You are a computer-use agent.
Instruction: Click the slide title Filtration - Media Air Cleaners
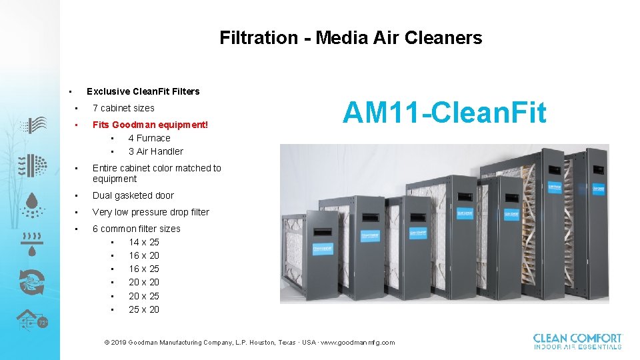coord(351,38)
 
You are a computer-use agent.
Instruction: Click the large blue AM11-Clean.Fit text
coord(444,113)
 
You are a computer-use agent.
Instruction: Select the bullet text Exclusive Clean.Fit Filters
coord(143,91)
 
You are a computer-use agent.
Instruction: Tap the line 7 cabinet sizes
coord(123,108)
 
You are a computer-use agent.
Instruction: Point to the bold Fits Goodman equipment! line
coord(150,125)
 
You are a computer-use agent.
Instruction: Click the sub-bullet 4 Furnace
coord(149,138)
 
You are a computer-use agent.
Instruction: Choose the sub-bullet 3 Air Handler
coord(155,151)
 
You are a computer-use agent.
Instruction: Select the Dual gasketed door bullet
coord(133,195)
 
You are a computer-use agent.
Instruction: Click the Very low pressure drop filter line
coord(151,212)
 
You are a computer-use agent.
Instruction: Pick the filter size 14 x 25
coord(144,242)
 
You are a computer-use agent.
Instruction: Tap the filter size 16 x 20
coord(144,255)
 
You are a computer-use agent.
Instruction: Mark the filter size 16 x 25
coord(144,269)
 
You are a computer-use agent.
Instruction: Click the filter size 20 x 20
coord(144,282)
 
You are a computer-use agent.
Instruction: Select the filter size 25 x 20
coord(144,309)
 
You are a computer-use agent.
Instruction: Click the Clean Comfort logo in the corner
coord(577,341)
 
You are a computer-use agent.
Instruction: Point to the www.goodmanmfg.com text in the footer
coord(357,343)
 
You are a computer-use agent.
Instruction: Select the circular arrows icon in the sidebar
coord(32,281)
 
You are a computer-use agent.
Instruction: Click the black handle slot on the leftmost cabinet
coord(323,231)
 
